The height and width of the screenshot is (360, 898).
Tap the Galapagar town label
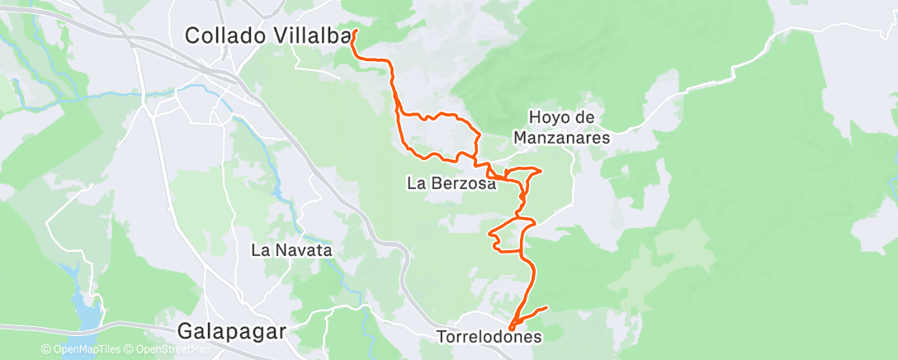click(232, 332)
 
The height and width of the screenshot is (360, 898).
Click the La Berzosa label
click(451, 184)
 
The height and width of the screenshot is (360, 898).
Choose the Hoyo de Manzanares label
click(561, 128)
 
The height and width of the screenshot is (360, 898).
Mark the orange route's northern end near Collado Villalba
click(355, 31)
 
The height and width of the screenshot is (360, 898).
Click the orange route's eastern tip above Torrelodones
click(546, 309)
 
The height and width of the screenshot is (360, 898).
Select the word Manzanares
click(561, 138)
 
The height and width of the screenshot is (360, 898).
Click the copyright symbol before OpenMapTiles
click(46, 349)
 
